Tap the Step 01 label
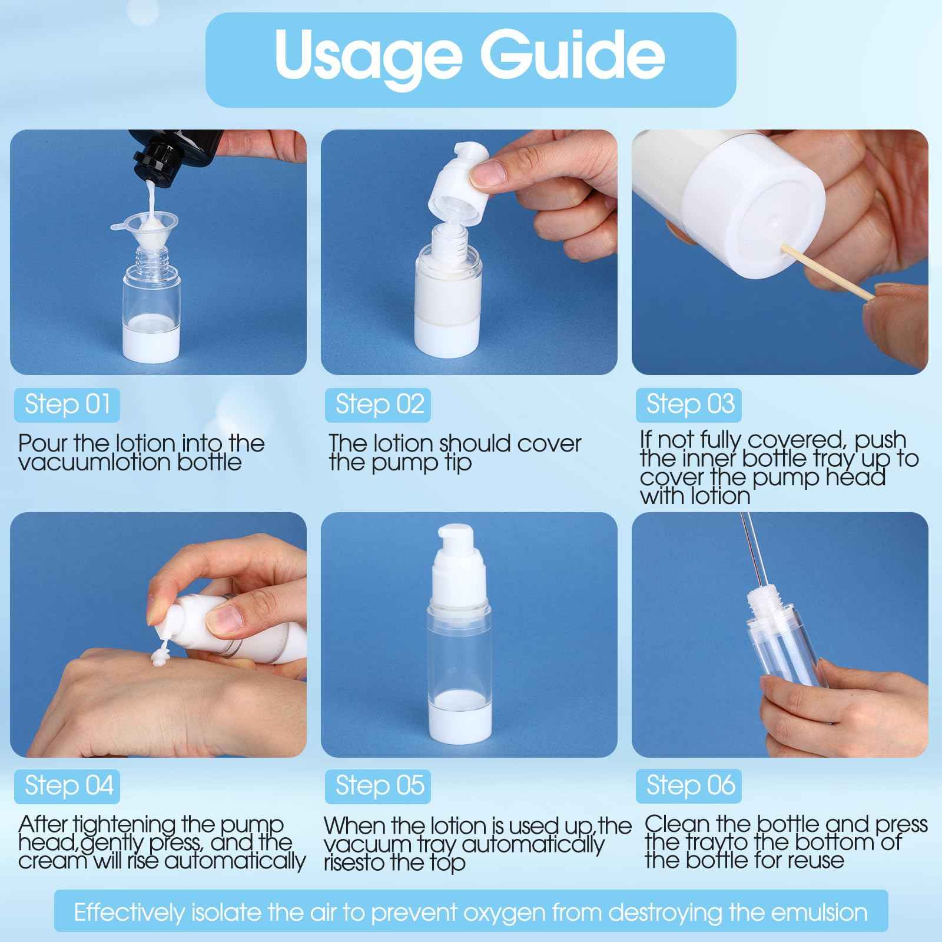coord(67,404)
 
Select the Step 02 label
coord(379,404)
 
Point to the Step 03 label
coord(689,404)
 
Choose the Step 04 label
coord(67,786)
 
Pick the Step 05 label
coord(379,786)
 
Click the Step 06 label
coord(689,786)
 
